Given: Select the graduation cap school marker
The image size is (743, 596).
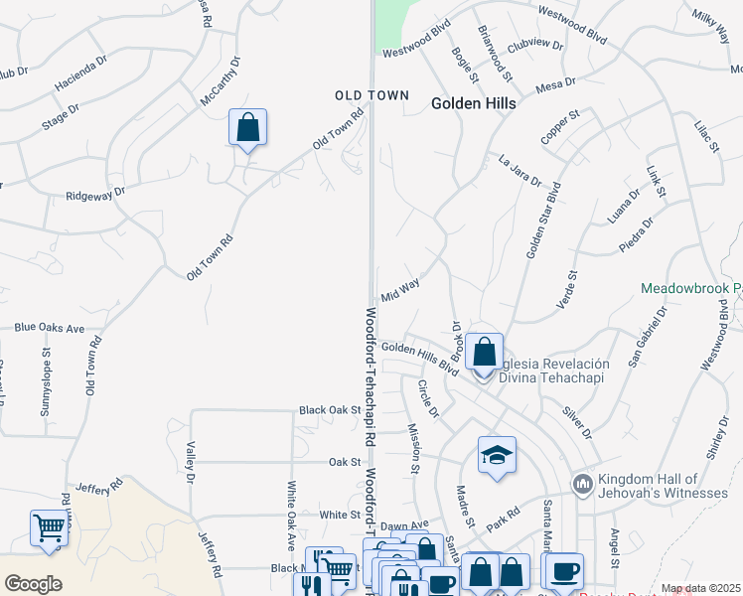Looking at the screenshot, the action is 497,456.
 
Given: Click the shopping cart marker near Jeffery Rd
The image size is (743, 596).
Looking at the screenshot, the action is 50,528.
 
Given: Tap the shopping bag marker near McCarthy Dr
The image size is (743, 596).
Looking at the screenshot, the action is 247,129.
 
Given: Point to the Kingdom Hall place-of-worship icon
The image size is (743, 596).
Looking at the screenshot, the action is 582,485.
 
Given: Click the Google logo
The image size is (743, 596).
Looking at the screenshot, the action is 33,584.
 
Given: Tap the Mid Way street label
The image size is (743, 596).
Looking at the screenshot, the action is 400,290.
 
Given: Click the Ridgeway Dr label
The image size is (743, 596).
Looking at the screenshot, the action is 95,195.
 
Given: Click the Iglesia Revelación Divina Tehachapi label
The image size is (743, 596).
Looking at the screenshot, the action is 551,370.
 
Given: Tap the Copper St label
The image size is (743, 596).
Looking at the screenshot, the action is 560,130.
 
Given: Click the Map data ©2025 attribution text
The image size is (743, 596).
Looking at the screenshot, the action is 701,589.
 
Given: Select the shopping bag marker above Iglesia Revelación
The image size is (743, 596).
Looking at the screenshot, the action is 484,352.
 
